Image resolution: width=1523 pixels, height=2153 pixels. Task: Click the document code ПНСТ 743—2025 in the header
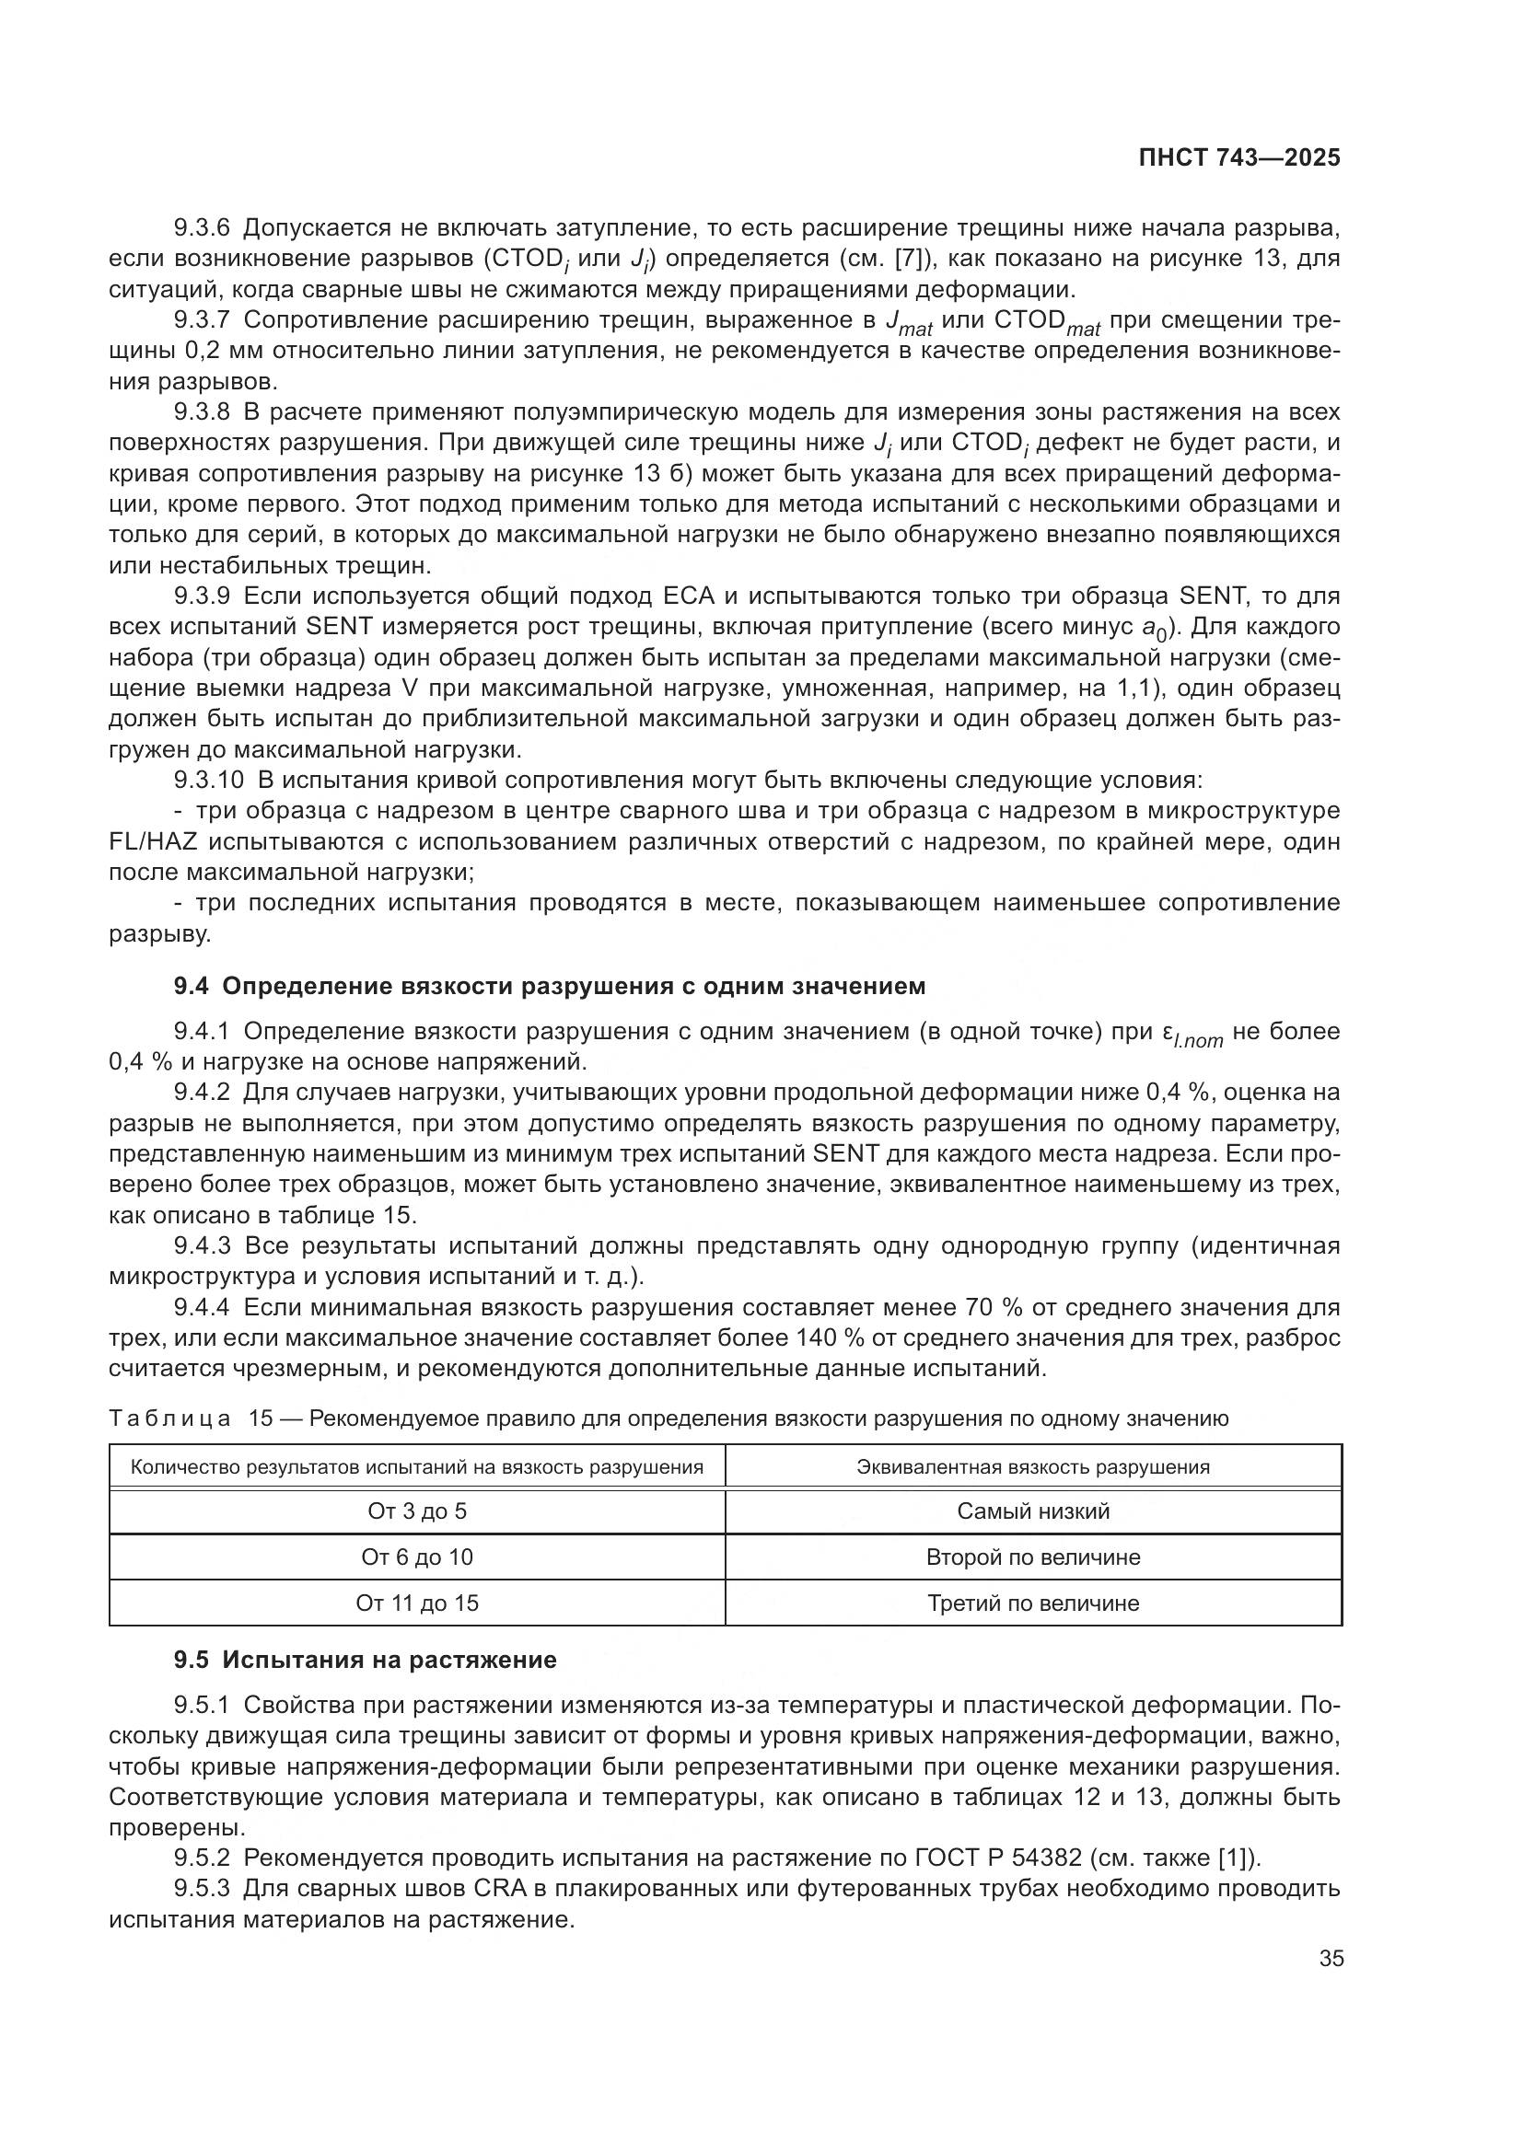1238,158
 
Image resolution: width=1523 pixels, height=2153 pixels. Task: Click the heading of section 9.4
550,986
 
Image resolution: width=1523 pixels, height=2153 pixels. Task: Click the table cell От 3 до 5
416,1511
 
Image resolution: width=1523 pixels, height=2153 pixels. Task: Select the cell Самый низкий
1032,1511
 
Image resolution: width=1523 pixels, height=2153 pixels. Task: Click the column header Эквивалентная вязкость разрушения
1032,1466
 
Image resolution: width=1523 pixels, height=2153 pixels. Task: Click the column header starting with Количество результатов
416,1466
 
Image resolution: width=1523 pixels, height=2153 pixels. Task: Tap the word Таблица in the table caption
169,1418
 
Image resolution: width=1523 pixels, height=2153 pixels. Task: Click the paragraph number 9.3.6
201,228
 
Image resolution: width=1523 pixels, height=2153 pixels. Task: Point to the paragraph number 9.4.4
201,1307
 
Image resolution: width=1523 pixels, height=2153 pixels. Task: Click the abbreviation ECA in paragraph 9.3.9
689,596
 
